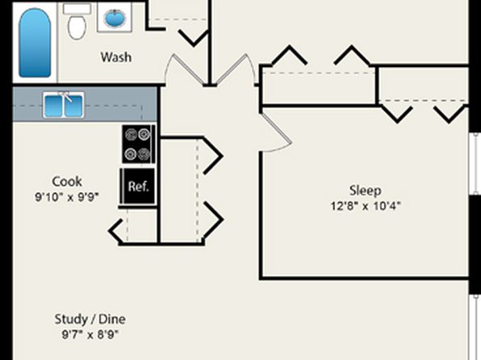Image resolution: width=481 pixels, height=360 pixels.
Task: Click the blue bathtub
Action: point(35,43)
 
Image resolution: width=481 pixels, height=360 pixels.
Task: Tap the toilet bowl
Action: point(77,27)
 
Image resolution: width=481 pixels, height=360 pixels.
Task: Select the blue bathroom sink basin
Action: point(115,19)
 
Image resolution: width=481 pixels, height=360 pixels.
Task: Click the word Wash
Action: point(116,57)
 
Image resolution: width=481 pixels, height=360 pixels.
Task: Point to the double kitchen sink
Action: point(63,105)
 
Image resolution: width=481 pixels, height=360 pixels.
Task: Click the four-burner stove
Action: point(138,144)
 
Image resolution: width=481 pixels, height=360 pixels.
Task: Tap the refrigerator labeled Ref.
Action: point(138,186)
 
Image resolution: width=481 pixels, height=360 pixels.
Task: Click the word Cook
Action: point(67,182)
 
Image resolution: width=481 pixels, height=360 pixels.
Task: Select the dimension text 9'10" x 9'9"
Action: point(67,197)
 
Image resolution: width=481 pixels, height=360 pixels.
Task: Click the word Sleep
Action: point(366,190)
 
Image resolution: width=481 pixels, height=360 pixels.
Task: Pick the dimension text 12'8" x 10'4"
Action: point(366,206)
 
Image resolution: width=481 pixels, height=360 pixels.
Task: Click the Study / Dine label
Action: point(90,319)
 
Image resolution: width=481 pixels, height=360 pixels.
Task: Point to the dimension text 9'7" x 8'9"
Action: point(90,334)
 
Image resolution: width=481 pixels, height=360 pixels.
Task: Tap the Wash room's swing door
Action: point(184,70)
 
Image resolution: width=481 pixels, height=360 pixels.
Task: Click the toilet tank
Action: point(77,9)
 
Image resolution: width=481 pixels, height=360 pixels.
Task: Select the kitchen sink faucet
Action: point(65,96)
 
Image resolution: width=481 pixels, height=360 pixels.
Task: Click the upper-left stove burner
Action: point(132,134)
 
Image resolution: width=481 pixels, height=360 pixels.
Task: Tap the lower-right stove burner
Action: point(144,153)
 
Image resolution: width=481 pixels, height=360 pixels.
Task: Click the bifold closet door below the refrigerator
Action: point(116,231)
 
